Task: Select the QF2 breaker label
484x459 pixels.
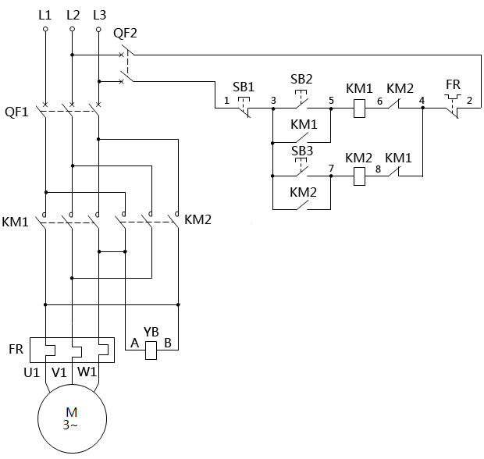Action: (x=124, y=34)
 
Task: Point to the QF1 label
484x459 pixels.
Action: (x=16, y=112)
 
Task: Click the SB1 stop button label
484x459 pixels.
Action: (x=244, y=87)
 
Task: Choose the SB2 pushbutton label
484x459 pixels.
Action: (x=301, y=79)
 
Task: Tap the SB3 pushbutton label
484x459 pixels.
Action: (x=302, y=150)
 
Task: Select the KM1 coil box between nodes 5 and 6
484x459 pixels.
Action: (x=360, y=109)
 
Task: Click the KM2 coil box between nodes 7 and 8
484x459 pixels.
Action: (x=360, y=176)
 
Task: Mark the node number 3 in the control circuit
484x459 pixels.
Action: (x=273, y=101)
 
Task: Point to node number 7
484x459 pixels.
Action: (x=332, y=168)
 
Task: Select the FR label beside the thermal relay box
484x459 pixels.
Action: (x=16, y=348)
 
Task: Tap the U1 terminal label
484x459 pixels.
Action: (x=31, y=372)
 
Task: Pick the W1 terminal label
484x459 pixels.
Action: (x=86, y=372)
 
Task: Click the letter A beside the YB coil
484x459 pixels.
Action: (x=135, y=343)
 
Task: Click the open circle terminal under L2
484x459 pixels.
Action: (x=72, y=30)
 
